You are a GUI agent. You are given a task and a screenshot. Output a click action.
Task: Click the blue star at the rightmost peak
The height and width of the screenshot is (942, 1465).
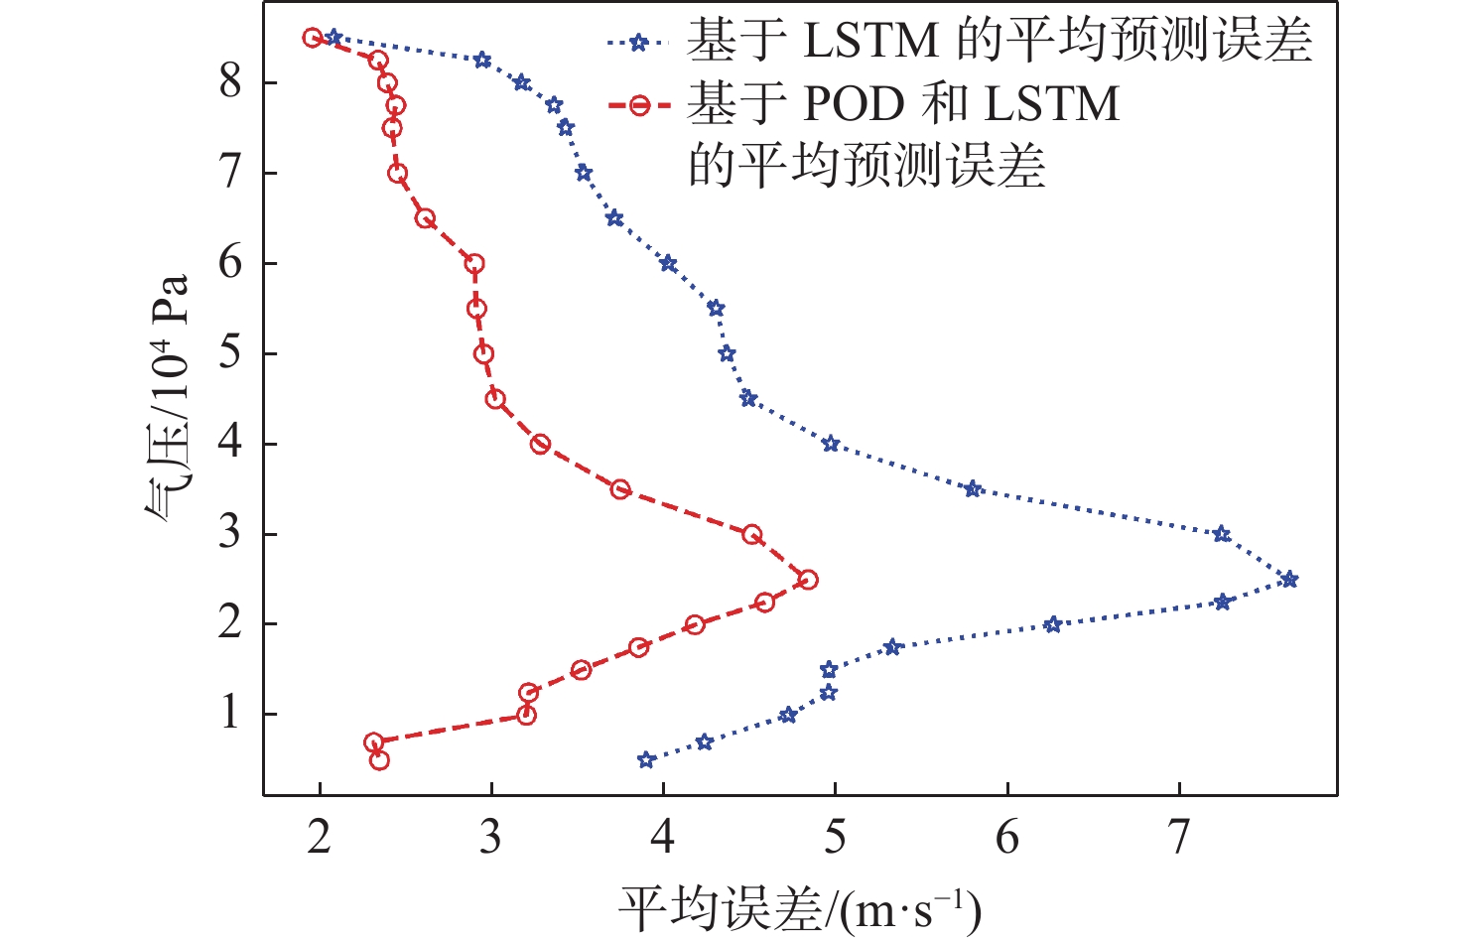pos(1288,580)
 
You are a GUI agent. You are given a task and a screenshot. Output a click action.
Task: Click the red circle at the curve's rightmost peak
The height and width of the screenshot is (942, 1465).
pos(808,580)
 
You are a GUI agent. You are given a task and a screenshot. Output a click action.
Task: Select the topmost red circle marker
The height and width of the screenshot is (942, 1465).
pos(313,38)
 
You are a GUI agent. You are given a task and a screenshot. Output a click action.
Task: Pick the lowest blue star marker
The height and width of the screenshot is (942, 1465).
pos(646,760)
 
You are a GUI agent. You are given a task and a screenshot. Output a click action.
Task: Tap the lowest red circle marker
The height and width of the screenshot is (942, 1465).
pos(379,760)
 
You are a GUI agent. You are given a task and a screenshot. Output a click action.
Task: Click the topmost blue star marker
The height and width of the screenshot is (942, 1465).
pos(333,38)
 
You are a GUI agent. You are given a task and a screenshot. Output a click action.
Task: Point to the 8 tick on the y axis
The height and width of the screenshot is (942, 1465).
pos(230,81)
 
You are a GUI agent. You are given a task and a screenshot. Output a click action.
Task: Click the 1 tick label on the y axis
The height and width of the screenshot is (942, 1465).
pos(230,713)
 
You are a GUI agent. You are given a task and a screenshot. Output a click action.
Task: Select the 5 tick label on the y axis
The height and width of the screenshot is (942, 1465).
pos(230,352)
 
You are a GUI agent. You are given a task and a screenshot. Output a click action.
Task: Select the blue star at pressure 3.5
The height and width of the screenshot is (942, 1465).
pos(973,489)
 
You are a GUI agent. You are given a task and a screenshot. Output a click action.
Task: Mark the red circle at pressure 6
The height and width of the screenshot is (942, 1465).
pos(474,264)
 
